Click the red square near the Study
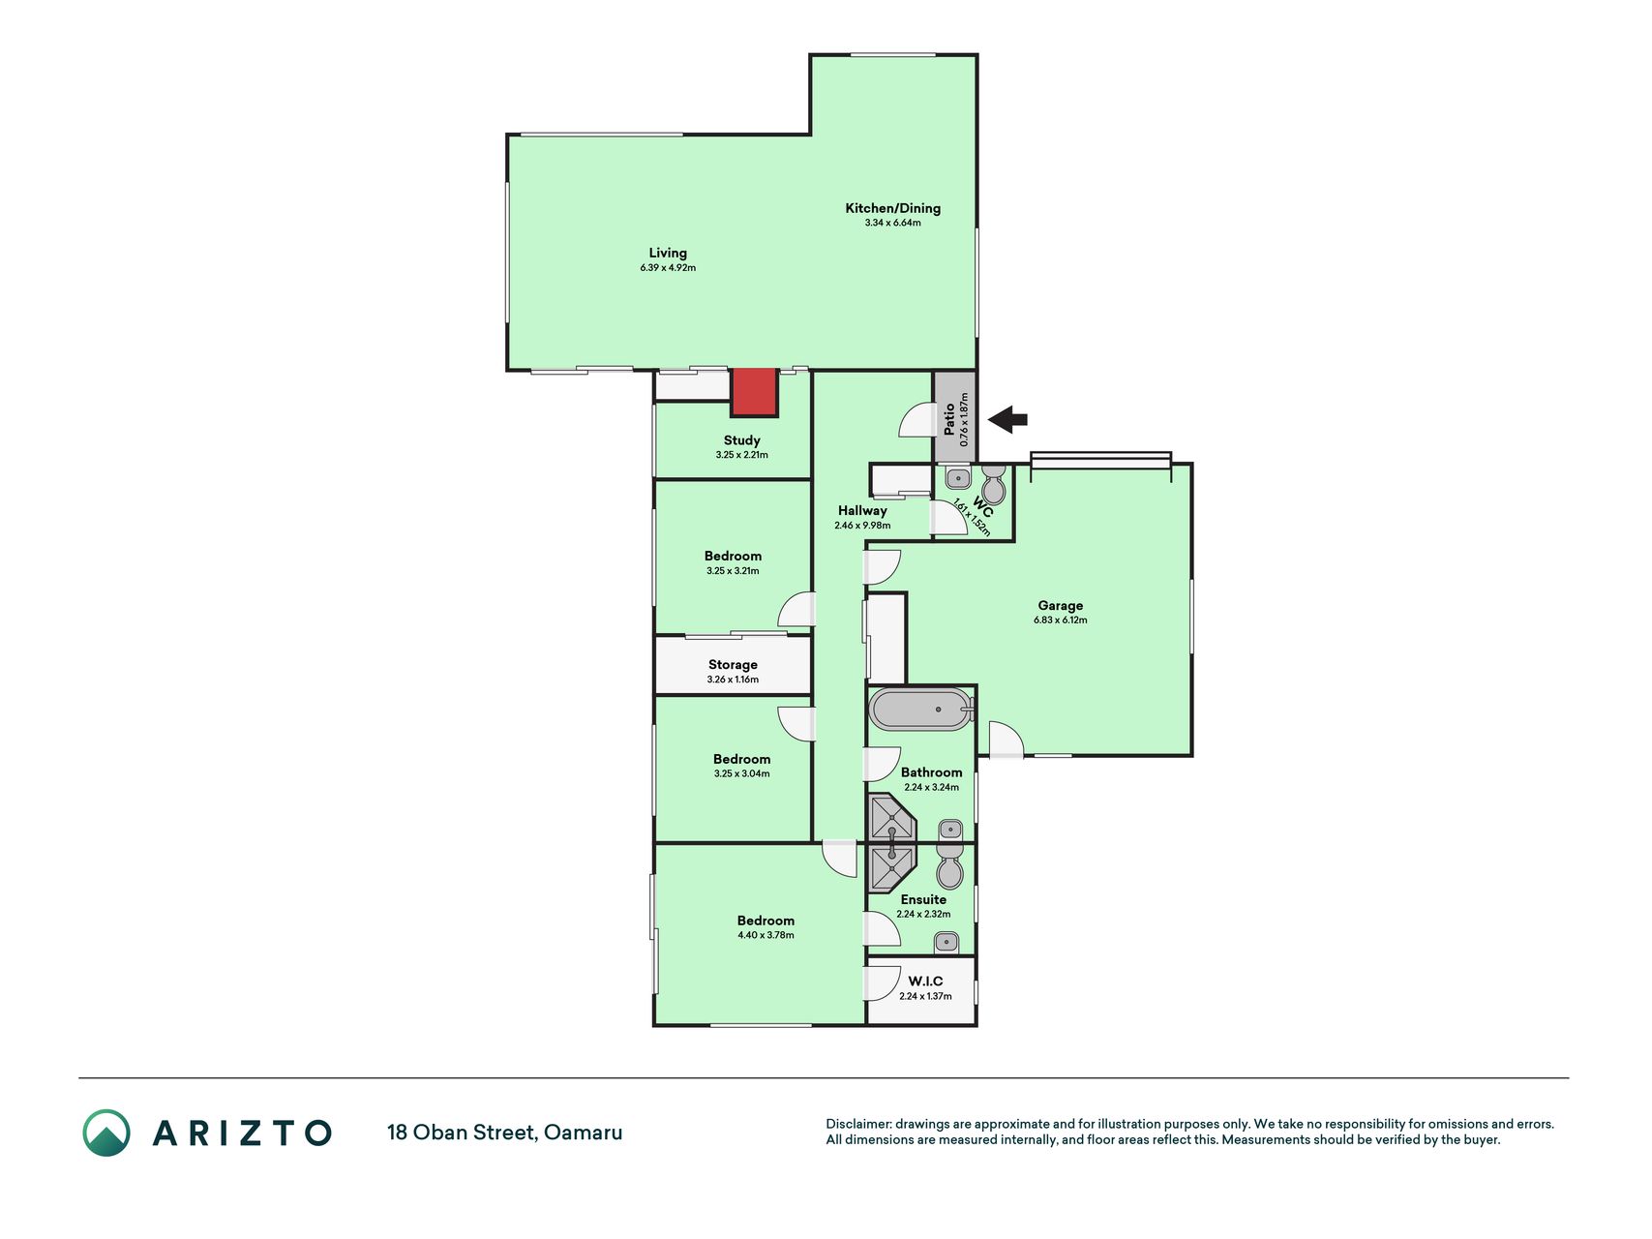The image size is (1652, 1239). (754, 392)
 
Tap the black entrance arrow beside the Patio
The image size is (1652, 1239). (1007, 419)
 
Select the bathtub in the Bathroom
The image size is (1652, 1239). (920, 710)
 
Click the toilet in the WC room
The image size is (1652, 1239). (994, 483)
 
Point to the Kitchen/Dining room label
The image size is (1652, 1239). (892, 208)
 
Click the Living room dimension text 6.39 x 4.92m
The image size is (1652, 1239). (668, 267)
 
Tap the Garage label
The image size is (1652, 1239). (1061, 606)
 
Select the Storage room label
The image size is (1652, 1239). (733, 665)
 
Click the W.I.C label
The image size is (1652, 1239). (925, 982)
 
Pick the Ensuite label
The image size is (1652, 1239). (923, 899)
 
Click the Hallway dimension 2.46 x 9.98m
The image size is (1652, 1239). (862, 526)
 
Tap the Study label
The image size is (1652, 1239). (742, 440)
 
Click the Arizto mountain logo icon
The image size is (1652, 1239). (105, 1133)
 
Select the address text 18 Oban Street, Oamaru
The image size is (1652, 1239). (505, 1133)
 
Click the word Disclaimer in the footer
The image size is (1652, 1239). (857, 1124)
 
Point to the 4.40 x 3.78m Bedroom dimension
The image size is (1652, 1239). (766, 935)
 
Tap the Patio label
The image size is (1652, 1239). (949, 418)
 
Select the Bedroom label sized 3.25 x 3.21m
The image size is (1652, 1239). (733, 557)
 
